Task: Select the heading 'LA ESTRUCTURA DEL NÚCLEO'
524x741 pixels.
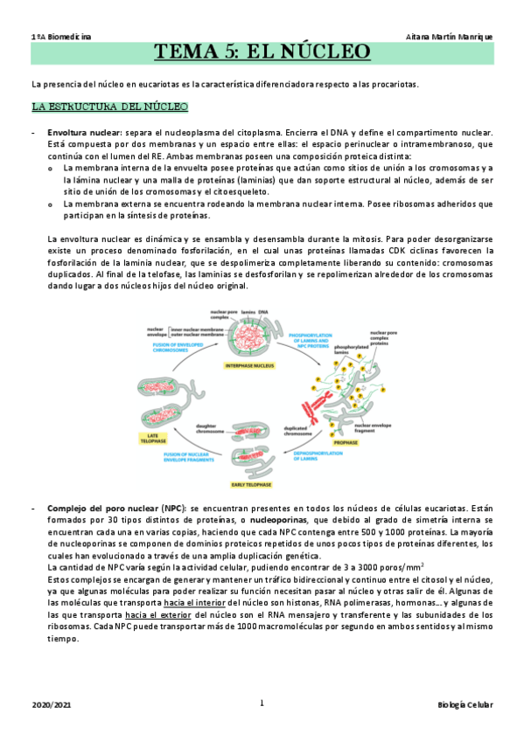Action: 108,107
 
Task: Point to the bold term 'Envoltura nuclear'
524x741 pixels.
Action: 84,132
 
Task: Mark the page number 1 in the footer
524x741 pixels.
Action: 262,702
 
